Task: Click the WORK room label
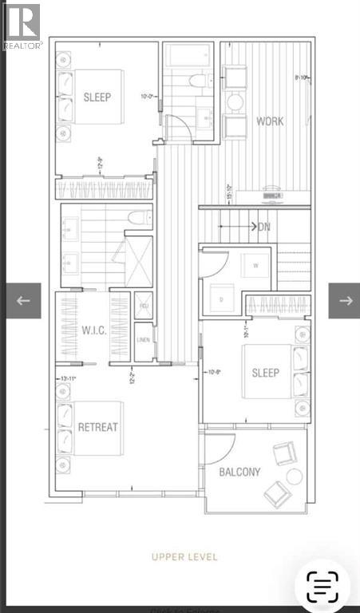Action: (x=270, y=121)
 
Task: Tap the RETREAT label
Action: (x=98, y=427)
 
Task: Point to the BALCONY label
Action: (x=239, y=472)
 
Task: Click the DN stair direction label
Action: (x=264, y=227)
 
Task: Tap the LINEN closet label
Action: (x=144, y=340)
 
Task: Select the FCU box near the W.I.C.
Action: (x=144, y=306)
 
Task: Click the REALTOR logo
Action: (x=22, y=25)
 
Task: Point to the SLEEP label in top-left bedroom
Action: (x=97, y=97)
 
